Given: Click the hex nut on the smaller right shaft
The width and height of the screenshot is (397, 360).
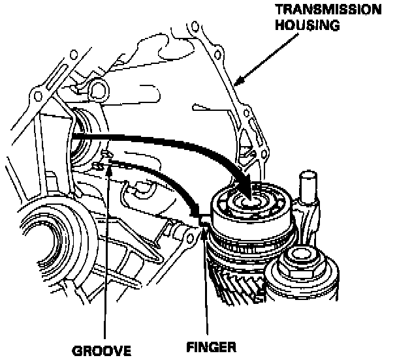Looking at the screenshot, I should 302,258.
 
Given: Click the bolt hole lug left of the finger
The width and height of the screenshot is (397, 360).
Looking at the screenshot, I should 190,231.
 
